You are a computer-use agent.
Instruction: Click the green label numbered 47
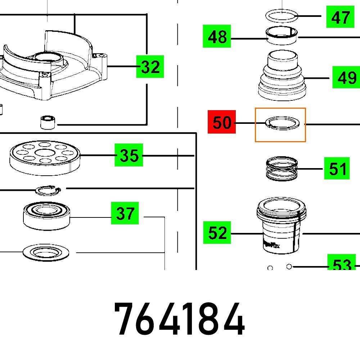click(x=340, y=17)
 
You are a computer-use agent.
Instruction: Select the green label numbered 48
click(x=217, y=37)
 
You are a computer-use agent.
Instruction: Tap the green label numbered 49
click(x=346, y=77)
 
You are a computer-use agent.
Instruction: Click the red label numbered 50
click(x=222, y=122)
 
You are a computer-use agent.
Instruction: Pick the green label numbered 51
click(x=337, y=168)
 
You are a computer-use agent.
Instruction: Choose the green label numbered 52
click(x=217, y=233)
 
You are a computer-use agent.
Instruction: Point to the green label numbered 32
click(x=150, y=67)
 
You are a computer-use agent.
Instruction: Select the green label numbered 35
click(x=129, y=155)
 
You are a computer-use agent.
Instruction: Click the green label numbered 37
click(x=125, y=213)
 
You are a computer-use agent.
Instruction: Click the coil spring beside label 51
click(x=282, y=169)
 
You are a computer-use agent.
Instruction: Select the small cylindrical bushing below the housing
click(x=47, y=122)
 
